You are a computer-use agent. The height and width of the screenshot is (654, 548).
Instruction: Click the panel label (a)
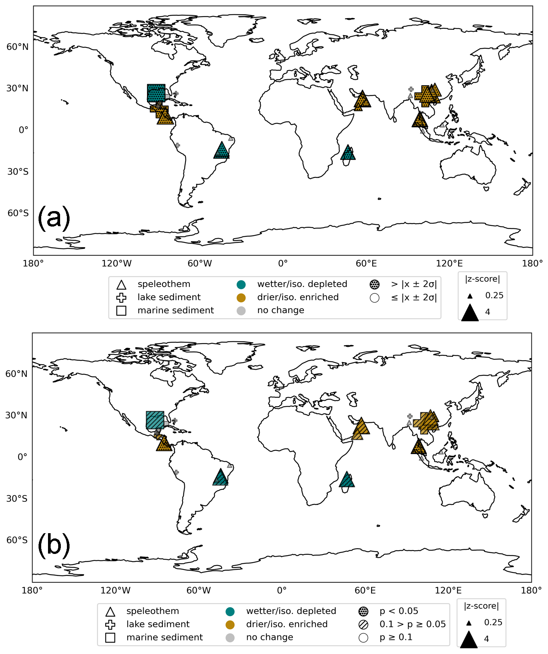[54, 218]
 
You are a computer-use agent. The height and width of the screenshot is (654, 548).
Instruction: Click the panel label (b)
[54, 546]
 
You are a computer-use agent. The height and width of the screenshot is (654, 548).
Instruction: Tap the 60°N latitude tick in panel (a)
[17, 47]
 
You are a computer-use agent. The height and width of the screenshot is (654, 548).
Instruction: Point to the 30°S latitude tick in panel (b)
[17, 499]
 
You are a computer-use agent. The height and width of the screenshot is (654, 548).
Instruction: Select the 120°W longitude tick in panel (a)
[116, 264]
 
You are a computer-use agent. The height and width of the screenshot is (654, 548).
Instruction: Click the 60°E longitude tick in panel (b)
[365, 591]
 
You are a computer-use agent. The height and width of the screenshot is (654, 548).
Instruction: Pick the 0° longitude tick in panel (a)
[283, 264]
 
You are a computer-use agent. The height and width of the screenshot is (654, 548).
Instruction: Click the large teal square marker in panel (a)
[156, 93]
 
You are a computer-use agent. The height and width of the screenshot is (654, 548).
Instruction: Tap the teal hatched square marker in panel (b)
[155, 420]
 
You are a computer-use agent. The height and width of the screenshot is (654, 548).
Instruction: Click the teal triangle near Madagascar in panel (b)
[347, 480]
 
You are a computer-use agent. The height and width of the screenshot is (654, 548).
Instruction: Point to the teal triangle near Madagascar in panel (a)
[348, 153]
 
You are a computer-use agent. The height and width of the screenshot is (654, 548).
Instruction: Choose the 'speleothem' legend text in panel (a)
[164, 284]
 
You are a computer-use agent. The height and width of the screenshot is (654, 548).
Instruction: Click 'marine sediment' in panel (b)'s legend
[164, 637]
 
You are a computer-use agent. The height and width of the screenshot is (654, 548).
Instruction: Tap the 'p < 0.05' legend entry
[399, 611]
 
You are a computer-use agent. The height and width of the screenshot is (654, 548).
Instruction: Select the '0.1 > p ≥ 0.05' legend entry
[412, 624]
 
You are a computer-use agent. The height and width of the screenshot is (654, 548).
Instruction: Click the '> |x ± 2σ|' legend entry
[414, 284]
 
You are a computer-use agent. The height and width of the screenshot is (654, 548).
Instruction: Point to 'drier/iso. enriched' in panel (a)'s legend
[298, 297]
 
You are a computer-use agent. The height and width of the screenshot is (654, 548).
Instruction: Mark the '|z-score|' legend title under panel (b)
[481, 606]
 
